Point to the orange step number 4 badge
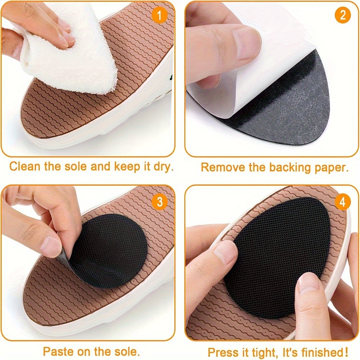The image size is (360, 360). pos(342,203)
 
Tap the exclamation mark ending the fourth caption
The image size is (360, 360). pos(336,351)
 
